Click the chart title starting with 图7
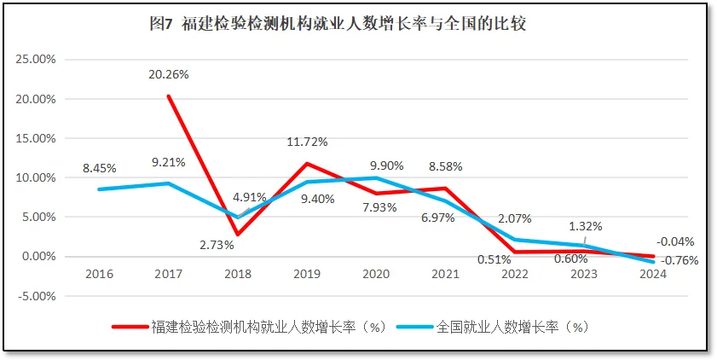tap(337, 24)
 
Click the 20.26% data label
tap(168, 74)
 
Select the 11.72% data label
tap(307, 142)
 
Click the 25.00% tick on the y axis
tap(37, 60)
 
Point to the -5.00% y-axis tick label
tap(37, 296)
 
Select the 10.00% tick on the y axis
tap(37, 177)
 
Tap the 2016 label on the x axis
tap(100, 273)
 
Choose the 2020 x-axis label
tap(376, 273)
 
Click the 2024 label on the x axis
tap(653, 273)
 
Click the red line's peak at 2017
tap(169, 96)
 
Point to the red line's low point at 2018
tap(238, 235)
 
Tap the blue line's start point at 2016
tap(100, 189)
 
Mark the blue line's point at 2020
tap(376, 177)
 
